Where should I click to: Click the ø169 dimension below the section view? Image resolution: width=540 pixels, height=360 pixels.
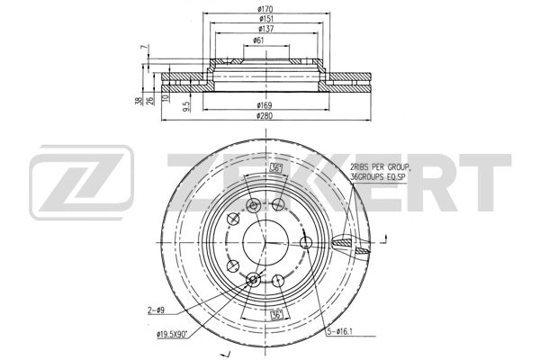point(265,106)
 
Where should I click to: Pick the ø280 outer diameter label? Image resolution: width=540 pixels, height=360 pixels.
point(265,116)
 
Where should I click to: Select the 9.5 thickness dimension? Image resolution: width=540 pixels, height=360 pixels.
point(186,105)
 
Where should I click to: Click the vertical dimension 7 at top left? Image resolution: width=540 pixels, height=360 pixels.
point(142,47)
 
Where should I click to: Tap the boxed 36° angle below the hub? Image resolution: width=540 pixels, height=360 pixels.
point(280,314)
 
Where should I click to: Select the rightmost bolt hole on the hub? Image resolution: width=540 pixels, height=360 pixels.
point(307,243)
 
